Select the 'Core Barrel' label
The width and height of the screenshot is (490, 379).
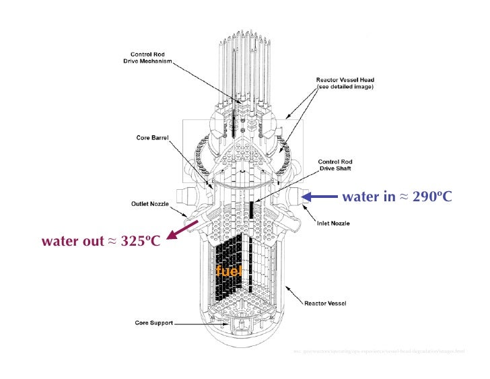point(152,138)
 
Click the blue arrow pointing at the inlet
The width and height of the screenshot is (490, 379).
point(320,197)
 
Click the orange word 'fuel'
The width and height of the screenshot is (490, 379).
point(229,271)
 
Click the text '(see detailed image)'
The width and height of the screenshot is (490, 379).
point(345,88)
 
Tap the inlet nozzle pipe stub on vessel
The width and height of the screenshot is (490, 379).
point(293,197)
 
